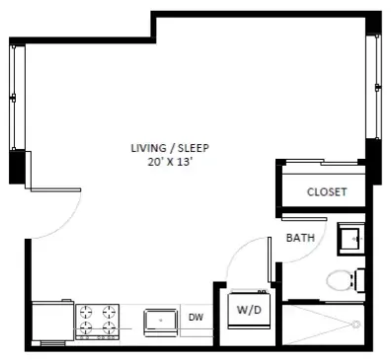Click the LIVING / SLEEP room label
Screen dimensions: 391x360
[170, 148]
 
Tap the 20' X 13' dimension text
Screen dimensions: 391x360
[170, 162]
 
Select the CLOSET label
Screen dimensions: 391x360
[327, 192]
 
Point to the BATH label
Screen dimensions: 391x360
[300, 238]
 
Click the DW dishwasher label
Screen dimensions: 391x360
[195, 318]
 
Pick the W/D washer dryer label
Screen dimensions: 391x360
[249, 310]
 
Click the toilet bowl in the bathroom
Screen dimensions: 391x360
[339, 280]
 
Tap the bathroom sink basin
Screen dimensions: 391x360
[352, 240]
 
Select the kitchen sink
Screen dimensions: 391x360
[161, 323]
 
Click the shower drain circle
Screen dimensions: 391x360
[355, 324]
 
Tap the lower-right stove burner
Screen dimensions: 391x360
[108, 327]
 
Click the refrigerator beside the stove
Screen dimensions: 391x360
[52, 322]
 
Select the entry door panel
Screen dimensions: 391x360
[55, 189]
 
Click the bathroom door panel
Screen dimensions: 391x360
[304, 218]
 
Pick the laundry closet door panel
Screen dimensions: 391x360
[269, 259]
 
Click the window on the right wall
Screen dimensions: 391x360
[375, 86]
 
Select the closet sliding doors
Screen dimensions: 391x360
[322, 162]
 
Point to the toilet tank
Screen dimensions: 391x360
[359, 280]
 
